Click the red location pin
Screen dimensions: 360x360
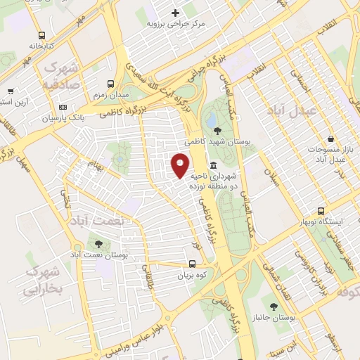coord(181,165)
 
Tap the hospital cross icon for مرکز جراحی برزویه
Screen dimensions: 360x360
coord(175,13)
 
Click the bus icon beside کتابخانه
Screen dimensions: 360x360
coord(42,34)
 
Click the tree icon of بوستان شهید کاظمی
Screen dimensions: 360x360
coord(217,129)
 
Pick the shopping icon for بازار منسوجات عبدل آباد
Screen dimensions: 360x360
coord(330,139)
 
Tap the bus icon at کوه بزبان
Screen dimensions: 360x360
coord(192,264)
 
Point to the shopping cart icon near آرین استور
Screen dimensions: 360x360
coord(10,91)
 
